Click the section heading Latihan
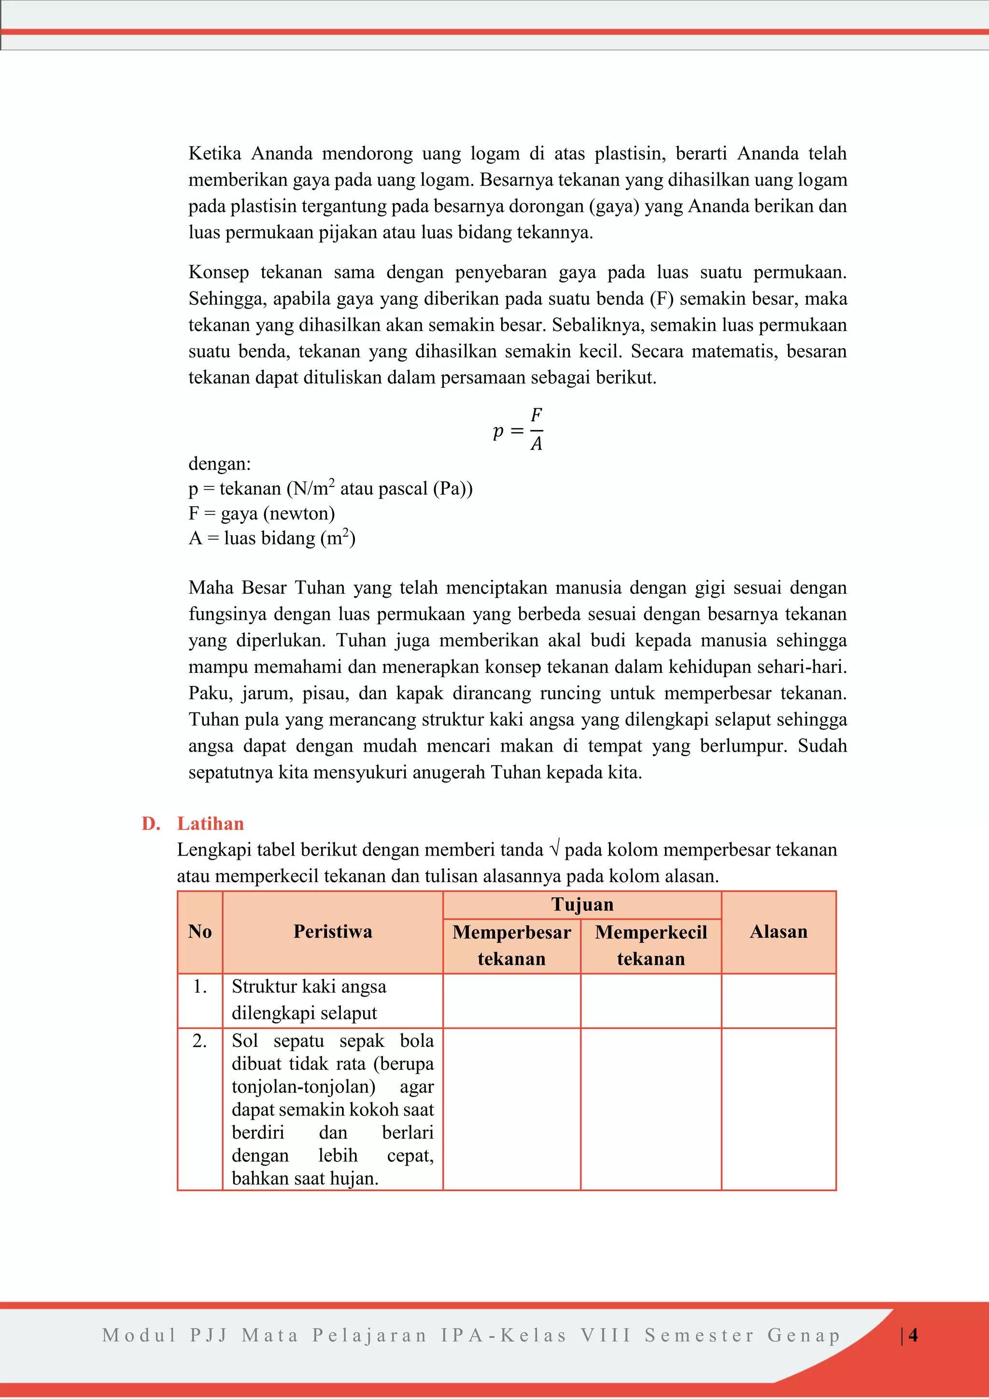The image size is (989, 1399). (x=210, y=823)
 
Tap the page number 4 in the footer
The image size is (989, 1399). (x=913, y=1335)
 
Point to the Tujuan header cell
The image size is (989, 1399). (x=582, y=904)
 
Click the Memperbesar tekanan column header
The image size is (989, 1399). (x=511, y=945)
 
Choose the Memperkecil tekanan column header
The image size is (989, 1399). (x=651, y=945)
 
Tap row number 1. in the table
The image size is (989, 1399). (x=200, y=986)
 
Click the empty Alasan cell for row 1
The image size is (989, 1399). (x=778, y=1000)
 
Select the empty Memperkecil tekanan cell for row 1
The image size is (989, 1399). (x=651, y=1000)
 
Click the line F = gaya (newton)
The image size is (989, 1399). (x=261, y=513)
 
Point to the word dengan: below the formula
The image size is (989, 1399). (x=219, y=464)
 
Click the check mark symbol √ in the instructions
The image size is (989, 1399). (x=553, y=849)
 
